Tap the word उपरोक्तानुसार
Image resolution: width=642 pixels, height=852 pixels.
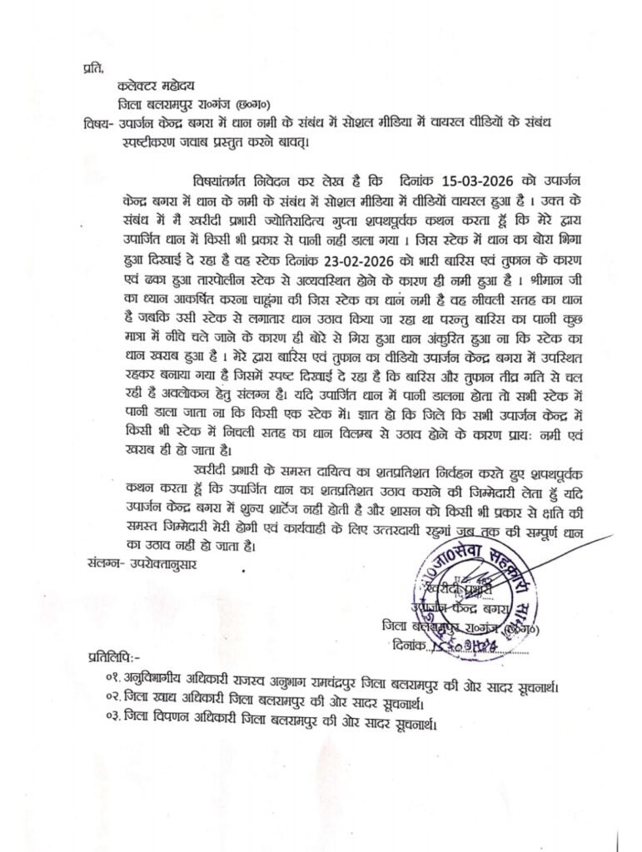[167, 562]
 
